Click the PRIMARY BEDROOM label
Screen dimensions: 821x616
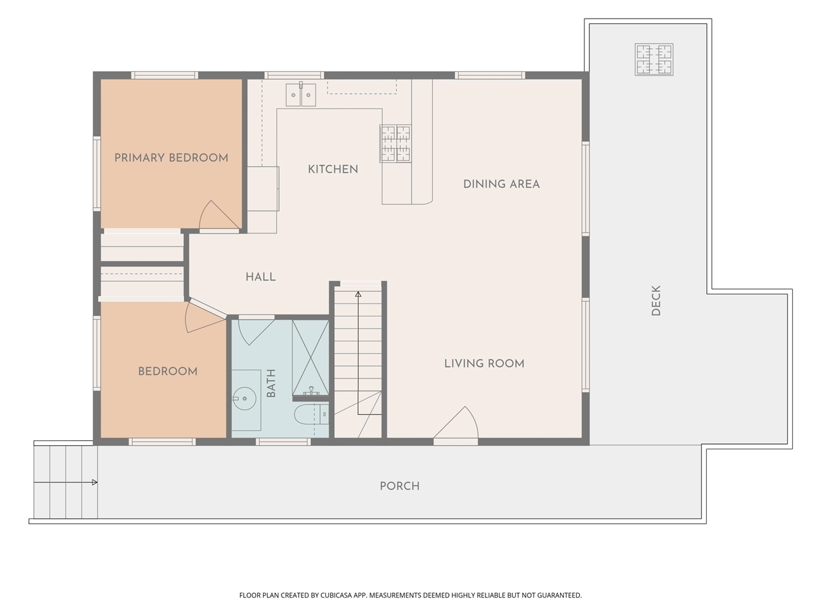(171, 158)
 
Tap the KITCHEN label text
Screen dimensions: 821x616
(333, 169)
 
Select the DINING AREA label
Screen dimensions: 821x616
(501, 184)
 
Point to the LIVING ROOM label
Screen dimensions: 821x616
(484, 364)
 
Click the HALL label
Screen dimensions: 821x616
(260, 277)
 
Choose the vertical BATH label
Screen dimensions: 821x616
(271, 383)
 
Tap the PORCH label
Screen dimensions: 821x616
(400, 486)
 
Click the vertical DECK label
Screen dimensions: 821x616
(656, 300)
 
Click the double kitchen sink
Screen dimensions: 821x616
(301, 94)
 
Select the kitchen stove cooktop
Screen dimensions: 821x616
(396, 144)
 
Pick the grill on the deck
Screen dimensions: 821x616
(654, 60)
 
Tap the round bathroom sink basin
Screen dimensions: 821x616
(244, 398)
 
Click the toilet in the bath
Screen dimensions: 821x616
(311, 414)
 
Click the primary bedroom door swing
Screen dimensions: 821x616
(219, 216)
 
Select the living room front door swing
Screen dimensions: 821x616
(456, 423)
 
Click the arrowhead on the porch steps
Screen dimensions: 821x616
(95, 482)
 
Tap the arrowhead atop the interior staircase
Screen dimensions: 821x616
(358, 294)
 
